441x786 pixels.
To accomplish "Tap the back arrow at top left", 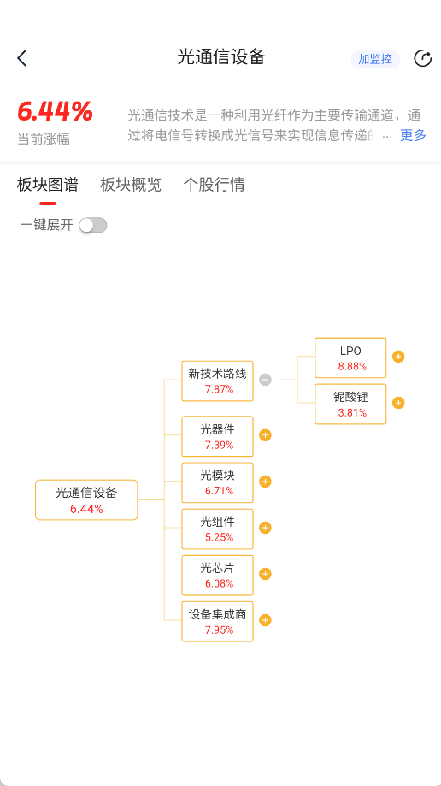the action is (x=22, y=58).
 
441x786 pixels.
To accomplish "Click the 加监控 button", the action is (x=375, y=59).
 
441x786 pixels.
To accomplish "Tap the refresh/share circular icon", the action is (x=422, y=59).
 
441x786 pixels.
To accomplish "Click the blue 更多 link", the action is (x=413, y=135).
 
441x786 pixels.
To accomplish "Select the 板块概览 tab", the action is (x=131, y=185).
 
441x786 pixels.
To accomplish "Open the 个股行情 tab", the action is (x=214, y=185).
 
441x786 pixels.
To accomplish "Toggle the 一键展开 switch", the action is (x=93, y=226).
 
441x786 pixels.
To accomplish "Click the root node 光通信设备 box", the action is (x=86, y=499).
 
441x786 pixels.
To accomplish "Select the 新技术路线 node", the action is (x=217, y=381).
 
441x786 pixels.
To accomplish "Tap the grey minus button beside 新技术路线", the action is (x=265, y=380).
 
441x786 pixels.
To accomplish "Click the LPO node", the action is (x=350, y=358).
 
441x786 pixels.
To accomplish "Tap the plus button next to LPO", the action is (x=398, y=357).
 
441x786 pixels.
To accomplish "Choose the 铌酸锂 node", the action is (x=350, y=404).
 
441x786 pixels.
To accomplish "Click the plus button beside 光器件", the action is (x=265, y=435).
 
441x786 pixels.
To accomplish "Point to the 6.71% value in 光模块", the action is (x=219, y=491).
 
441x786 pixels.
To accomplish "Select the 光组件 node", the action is (x=217, y=529).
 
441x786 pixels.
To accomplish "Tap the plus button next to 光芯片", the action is (x=265, y=574).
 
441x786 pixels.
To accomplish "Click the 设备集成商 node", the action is (x=217, y=621).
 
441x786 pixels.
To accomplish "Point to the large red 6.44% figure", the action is (x=55, y=112).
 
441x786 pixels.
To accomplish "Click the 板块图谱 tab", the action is (x=48, y=185).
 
